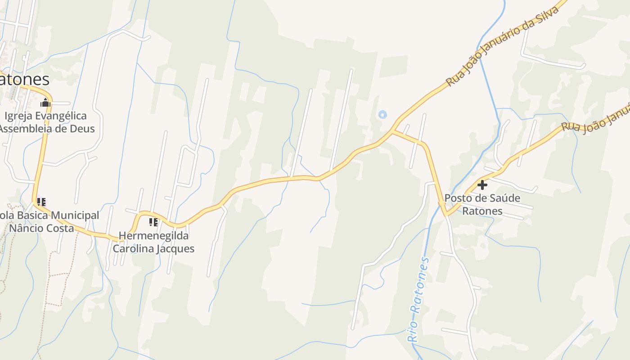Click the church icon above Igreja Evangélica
tap(45, 103)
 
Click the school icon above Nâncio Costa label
tap(41, 202)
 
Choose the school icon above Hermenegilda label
tap(153, 222)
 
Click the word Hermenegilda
tap(153, 236)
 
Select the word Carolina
tap(134, 248)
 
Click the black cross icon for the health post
tap(482, 185)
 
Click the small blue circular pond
tap(382, 115)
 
